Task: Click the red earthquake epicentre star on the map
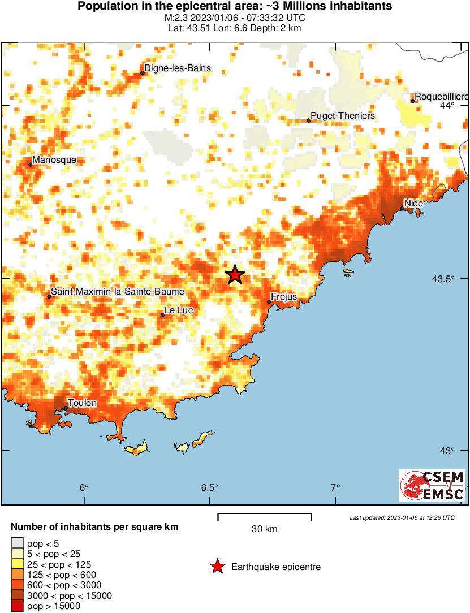[235, 274]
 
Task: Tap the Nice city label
[412, 203]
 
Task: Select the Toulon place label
[83, 403]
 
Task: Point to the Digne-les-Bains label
[178, 68]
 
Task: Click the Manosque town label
[54, 160]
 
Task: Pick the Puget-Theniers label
[343, 116]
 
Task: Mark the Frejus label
[284, 296]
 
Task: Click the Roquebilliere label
[441, 97]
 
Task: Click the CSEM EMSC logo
[433, 485]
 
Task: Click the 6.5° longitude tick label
[209, 488]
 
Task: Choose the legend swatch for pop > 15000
[17, 606]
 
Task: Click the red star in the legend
[217, 567]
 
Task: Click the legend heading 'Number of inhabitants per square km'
[94, 527]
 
